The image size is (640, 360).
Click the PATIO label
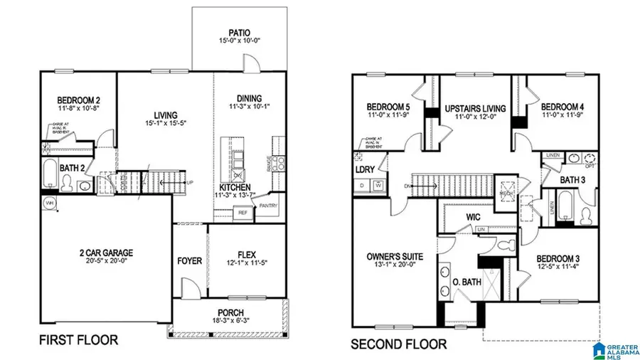tap(238, 32)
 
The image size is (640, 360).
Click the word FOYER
tap(189, 261)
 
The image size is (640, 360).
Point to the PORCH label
tap(230, 312)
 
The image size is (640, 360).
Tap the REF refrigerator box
tap(242, 212)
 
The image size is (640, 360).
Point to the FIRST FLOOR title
tap(78, 340)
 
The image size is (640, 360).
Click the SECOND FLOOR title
tap(398, 345)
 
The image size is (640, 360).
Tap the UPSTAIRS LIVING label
tap(474, 108)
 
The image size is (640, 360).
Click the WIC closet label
tap(475, 216)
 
